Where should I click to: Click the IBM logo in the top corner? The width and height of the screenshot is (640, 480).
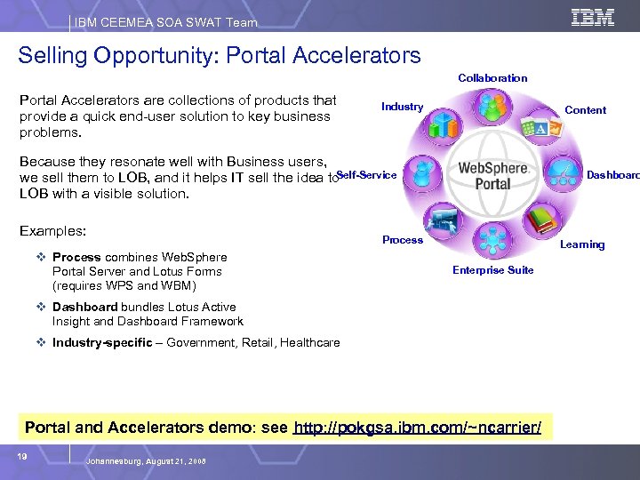(x=593, y=18)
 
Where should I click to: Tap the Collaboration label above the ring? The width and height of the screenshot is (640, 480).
(x=492, y=78)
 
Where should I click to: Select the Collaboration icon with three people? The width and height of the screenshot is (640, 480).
(x=490, y=108)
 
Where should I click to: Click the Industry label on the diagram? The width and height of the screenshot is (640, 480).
(x=402, y=107)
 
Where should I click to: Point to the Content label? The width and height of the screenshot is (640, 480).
(x=586, y=110)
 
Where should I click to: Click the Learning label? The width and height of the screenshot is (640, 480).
(x=583, y=244)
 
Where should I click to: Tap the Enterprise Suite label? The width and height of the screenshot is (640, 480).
(x=493, y=270)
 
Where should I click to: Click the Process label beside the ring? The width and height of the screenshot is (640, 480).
(x=403, y=240)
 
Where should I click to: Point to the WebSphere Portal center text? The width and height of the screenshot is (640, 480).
(x=492, y=175)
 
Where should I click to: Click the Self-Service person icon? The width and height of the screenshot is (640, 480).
(x=420, y=175)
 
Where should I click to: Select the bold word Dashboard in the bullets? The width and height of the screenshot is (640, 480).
(x=84, y=308)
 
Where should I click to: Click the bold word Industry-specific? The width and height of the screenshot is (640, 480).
(x=102, y=342)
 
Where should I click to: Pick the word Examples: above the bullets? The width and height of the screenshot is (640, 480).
(x=52, y=231)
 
